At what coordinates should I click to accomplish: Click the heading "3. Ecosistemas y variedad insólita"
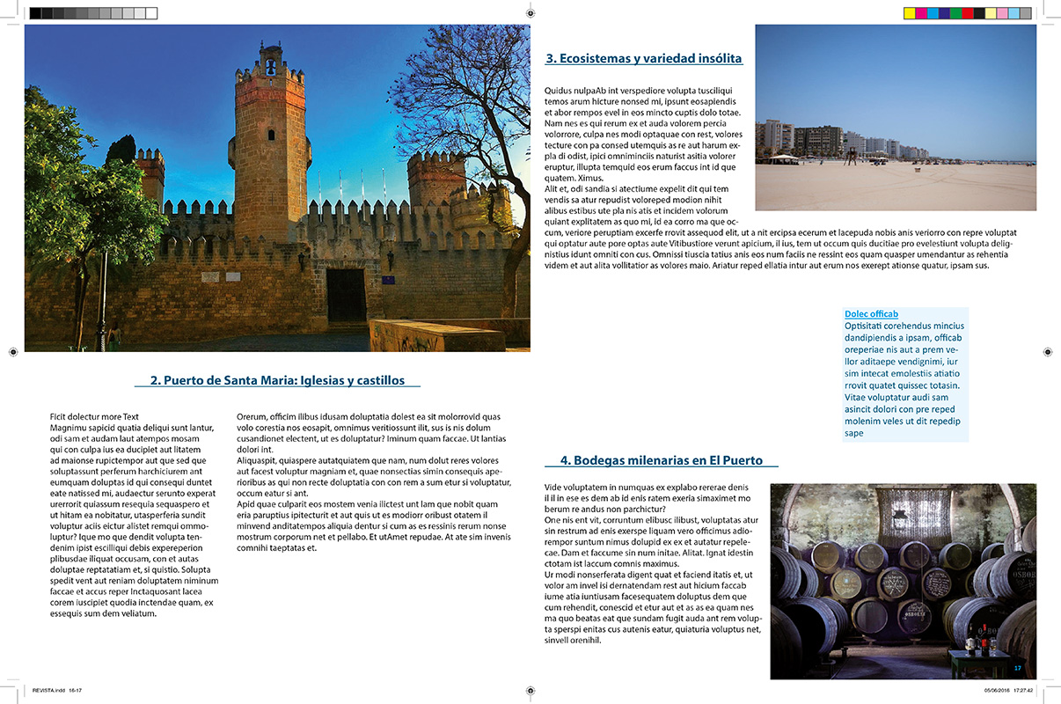pyautogui.click(x=644, y=59)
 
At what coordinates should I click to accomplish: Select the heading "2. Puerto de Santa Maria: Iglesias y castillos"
pyautogui.click(x=277, y=381)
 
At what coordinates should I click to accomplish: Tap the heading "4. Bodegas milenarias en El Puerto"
pyautogui.click(x=662, y=460)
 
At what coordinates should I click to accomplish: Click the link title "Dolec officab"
pyautogui.click(x=871, y=314)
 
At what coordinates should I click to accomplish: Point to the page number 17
pyautogui.click(x=1017, y=668)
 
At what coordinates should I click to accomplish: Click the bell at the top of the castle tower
pyautogui.click(x=270, y=66)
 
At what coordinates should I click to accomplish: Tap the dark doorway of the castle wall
pyautogui.click(x=346, y=295)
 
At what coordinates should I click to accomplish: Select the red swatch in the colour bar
pyautogui.click(x=967, y=13)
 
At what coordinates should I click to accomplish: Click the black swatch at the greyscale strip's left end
pyautogui.click(x=35, y=13)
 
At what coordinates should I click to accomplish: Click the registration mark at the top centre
pyautogui.click(x=530, y=13)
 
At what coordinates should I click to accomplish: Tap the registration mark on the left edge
pyautogui.click(x=12, y=352)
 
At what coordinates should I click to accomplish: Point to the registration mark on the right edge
pyautogui.click(x=1048, y=352)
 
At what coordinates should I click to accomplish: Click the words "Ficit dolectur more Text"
pyautogui.click(x=94, y=416)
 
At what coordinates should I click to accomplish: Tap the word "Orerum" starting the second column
pyautogui.click(x=252, y=416)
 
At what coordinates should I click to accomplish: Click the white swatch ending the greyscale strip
pyautogui.click(x=151, y=13)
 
